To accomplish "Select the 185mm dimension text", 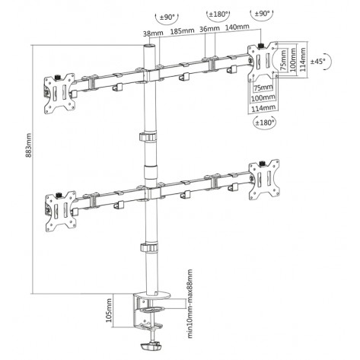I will click(x=182, y=32).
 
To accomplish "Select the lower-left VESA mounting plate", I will click(x=59, y=205).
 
